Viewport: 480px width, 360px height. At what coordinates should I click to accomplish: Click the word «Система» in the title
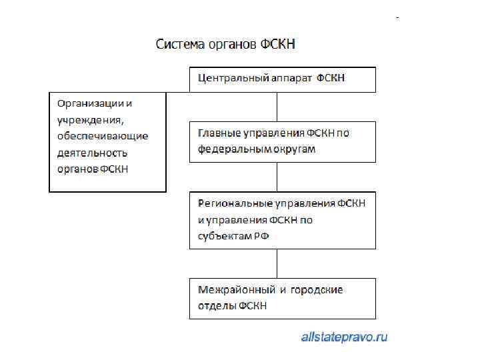179,45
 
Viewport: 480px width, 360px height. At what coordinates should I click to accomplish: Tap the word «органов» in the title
229,45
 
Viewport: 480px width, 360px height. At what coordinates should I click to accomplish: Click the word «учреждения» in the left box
91,120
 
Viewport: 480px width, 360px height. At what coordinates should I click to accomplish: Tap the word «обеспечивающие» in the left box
103,136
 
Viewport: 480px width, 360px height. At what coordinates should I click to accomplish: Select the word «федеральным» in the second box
229,149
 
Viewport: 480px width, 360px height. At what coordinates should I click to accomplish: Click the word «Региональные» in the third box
231,203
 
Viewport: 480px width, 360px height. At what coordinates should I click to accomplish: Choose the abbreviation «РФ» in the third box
261,236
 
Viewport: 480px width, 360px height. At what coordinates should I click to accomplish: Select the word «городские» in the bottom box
318,290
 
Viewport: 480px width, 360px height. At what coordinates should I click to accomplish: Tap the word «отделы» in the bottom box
215,306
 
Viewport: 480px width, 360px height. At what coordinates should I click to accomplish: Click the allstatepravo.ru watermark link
344,337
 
